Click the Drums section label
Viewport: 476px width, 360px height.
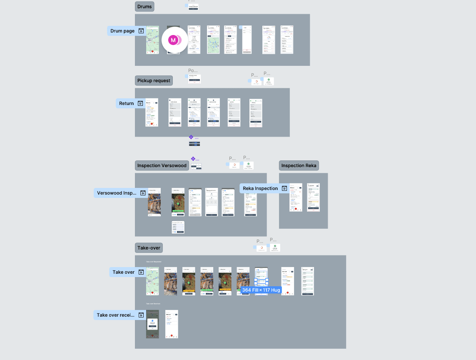click(x=145, y=7)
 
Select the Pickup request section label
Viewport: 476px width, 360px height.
click(x=154, y=80)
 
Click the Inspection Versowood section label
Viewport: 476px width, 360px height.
click(x=162, y=165)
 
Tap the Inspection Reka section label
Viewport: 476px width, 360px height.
click(x=299, y=165)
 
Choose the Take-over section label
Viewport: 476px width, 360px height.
click(x=149, y=248)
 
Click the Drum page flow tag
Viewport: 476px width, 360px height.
click(x=122, y=31)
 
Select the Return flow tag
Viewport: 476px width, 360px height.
click(x=127, y=103)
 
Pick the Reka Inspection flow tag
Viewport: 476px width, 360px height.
click(x=260, y=188)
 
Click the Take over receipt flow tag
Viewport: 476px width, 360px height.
click(x=116, y=315)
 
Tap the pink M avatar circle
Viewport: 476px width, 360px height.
click(x=173, y=40)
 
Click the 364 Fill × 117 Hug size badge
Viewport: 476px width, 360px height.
click(x=261, y=290)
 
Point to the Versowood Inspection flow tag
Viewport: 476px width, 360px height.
click(x=117, y=193)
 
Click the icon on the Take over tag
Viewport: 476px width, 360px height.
click(x=141, y=272)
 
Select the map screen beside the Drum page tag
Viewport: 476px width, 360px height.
click(x=152, y=40)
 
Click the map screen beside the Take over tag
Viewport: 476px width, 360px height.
click(x=152, y=281)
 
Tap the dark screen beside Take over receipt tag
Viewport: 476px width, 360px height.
click(x=152, y=324)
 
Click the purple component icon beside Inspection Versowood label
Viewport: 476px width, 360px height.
click(x=193, y=159)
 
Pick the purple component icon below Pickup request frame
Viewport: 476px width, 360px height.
click(x=191, y=137)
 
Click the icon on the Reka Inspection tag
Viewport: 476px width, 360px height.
click(x=284, y=188)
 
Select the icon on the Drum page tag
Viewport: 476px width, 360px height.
click(x=141, y=31)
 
